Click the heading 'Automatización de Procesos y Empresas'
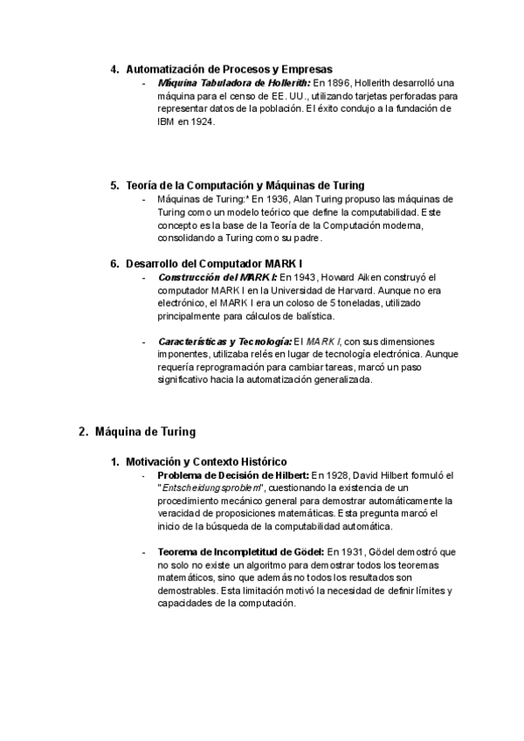229,69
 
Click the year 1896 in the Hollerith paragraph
325,82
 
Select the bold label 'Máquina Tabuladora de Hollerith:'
227,82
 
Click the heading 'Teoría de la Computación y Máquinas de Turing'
245,185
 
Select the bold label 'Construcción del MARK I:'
216,276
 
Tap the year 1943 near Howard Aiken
302,276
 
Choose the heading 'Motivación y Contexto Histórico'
206,461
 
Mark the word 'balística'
312,315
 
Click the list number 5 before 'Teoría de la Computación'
114,185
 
